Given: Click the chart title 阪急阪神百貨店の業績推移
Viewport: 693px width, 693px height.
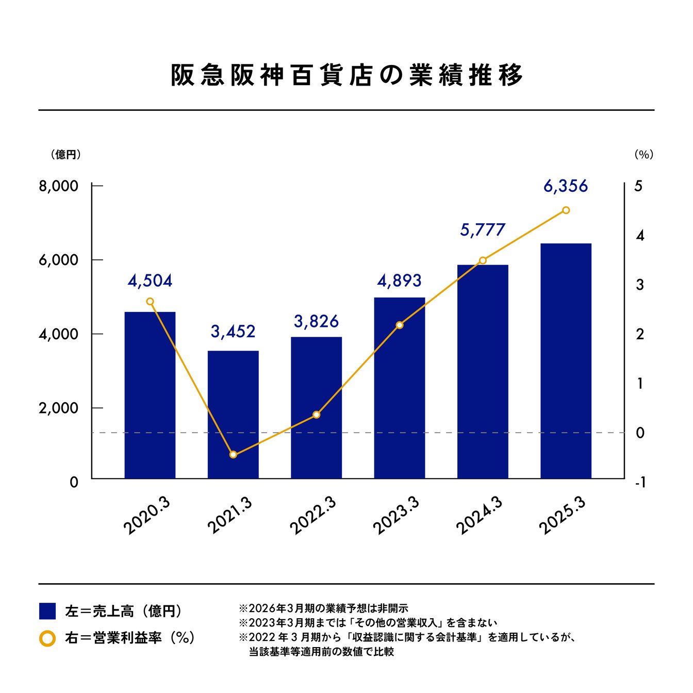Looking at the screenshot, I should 346,75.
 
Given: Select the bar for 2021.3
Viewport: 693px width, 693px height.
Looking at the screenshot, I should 233,415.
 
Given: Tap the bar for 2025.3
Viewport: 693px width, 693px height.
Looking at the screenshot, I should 566,361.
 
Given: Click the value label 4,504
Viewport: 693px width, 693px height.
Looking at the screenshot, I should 150,281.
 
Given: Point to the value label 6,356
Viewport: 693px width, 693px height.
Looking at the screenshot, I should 566,186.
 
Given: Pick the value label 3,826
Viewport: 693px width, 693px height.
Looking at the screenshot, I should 316,322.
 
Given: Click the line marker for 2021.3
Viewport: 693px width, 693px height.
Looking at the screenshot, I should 233,454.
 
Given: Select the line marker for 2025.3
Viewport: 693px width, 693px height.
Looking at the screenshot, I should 566,210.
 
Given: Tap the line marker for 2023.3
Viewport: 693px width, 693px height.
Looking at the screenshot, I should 400,325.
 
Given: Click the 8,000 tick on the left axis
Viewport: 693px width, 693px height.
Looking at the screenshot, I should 58,186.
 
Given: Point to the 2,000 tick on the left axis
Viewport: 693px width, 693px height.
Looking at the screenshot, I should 58,408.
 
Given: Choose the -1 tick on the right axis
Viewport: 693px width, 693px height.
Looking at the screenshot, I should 640,483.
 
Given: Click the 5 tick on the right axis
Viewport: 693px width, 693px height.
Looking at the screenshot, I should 638,186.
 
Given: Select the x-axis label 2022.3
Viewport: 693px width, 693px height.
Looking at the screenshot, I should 312,515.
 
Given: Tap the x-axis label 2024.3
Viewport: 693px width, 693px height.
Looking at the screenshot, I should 479,515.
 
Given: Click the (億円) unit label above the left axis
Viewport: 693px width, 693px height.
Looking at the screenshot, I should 65,155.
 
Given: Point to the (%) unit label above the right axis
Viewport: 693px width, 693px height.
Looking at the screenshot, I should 643,155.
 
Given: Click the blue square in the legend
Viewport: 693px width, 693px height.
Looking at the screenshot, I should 47,611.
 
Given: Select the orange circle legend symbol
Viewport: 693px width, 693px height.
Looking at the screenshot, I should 47,638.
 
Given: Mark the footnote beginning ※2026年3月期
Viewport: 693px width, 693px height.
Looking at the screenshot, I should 323,608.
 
